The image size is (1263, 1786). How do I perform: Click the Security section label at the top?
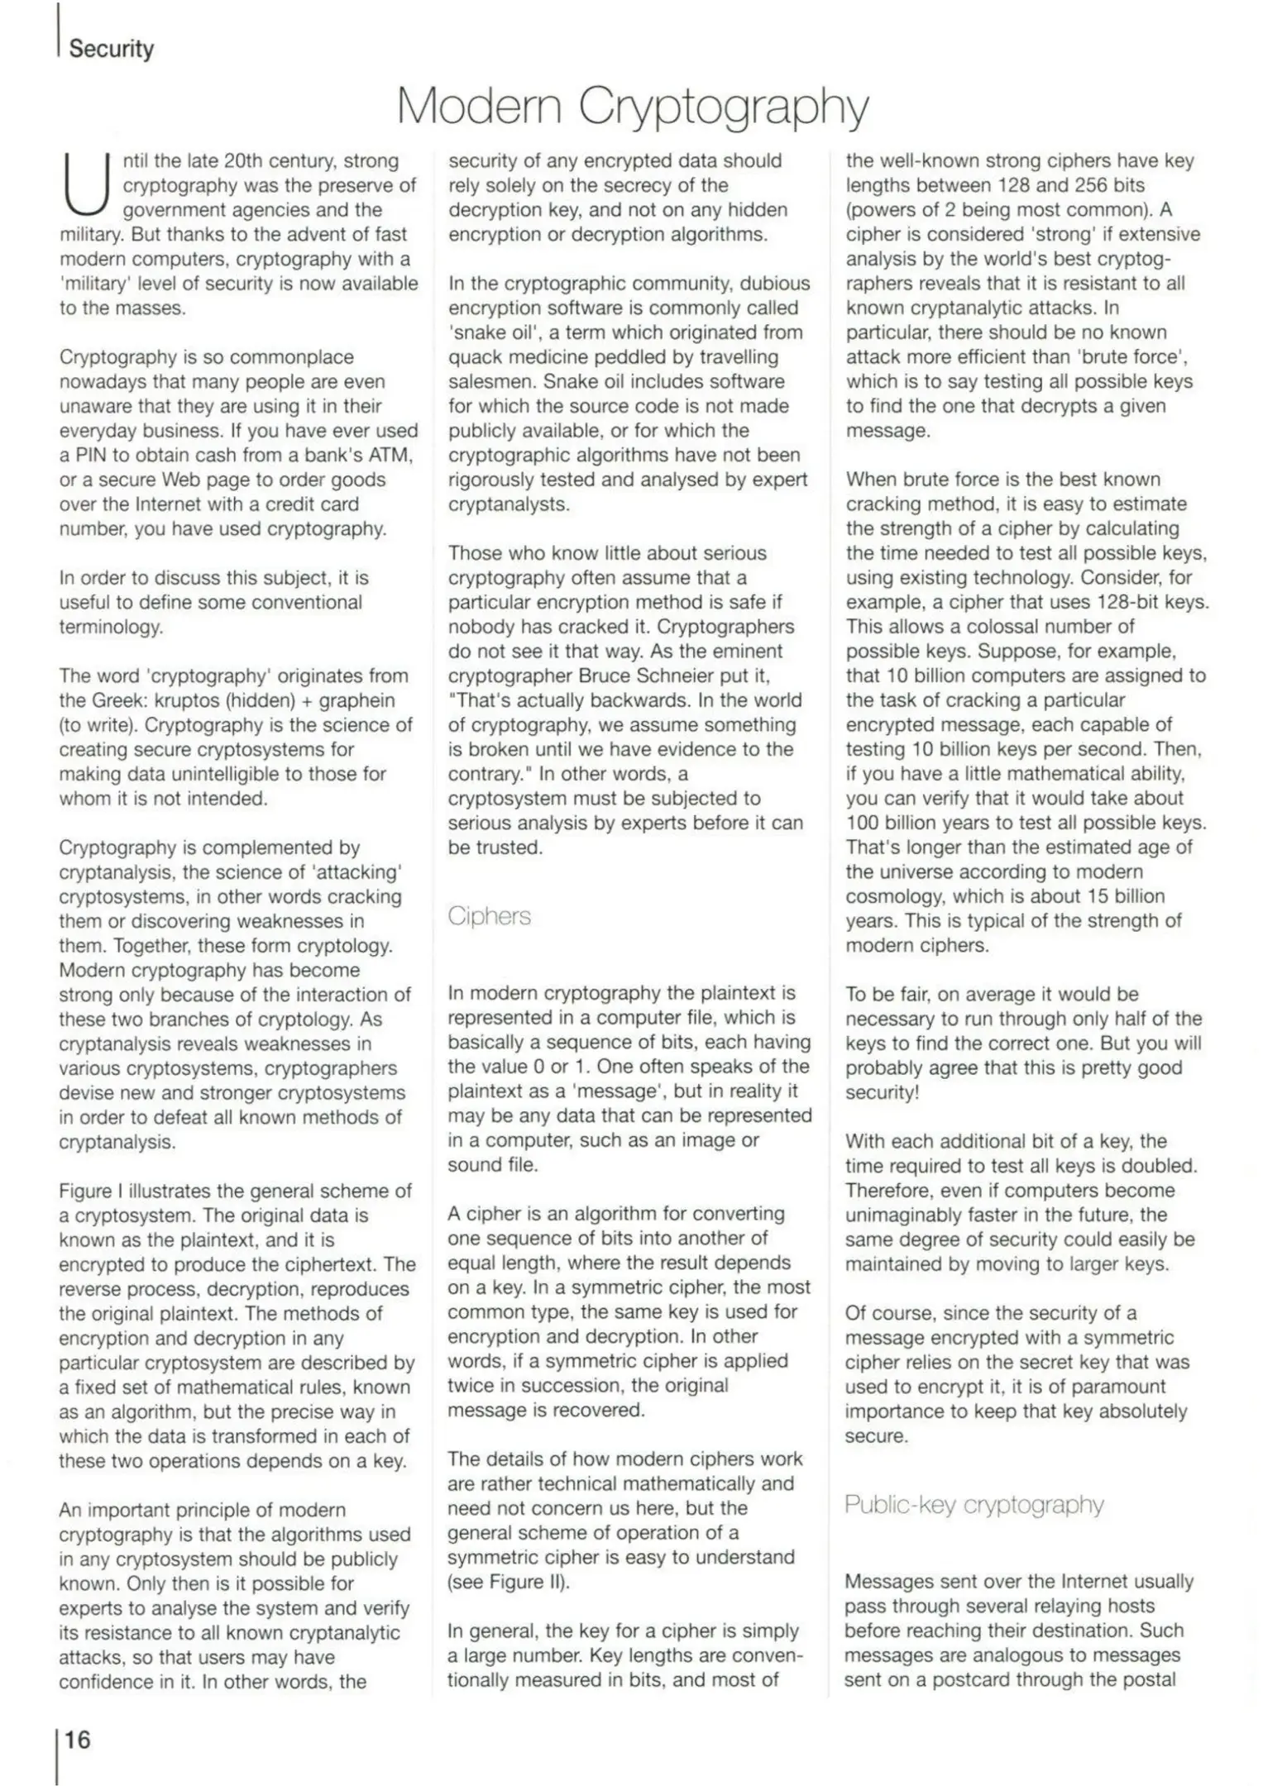[x=111, y=49]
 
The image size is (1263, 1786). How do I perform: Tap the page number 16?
[x=77, y=1739]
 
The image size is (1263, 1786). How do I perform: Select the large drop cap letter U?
[x=86, y=186]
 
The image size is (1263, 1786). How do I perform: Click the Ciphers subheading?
[x=489, y=916]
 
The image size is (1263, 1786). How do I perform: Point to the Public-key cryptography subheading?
[x=974, y=1504]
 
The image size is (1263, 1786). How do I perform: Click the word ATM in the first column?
[x=392, y=456]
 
